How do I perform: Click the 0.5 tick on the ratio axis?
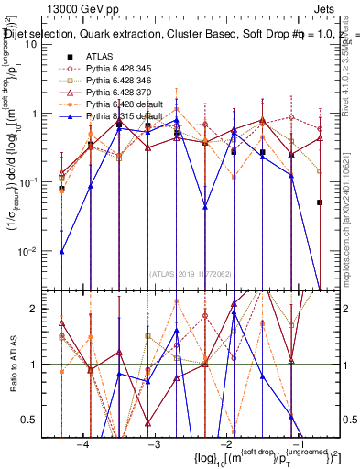click(38, 420)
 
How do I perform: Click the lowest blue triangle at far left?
click(62, 251)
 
